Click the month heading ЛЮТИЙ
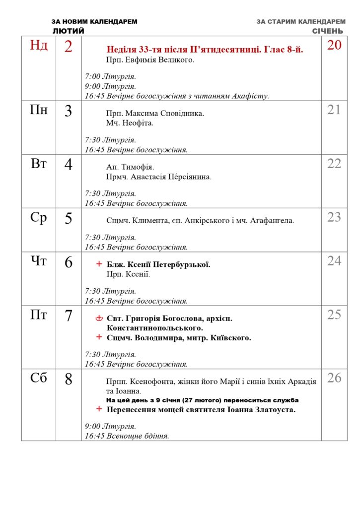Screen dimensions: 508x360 tap(68, 31)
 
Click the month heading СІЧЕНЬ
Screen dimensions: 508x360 tap(327, 31)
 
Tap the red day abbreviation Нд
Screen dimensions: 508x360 tap(39, 46)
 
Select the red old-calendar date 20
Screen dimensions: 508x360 tap(334, 45)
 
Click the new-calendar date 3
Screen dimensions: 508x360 tap(69, 111)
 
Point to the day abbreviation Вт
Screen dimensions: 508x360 tap(39, 164)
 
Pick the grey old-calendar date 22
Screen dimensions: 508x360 tap(334, 164)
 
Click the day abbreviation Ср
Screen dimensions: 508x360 tap(39, 217)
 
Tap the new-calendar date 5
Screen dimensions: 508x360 tap(69, 218)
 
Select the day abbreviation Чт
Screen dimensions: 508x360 tap(39, 261)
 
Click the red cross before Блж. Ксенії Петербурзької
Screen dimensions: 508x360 tap(99, 264)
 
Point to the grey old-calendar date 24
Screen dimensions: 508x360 tap(334, 261)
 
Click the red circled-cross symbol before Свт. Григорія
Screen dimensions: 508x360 tap(99, 318)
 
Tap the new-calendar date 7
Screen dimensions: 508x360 tap(69, 316)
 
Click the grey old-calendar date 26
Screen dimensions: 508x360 tap(334, 378)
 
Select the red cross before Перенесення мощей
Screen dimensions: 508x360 tap(99, 409)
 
